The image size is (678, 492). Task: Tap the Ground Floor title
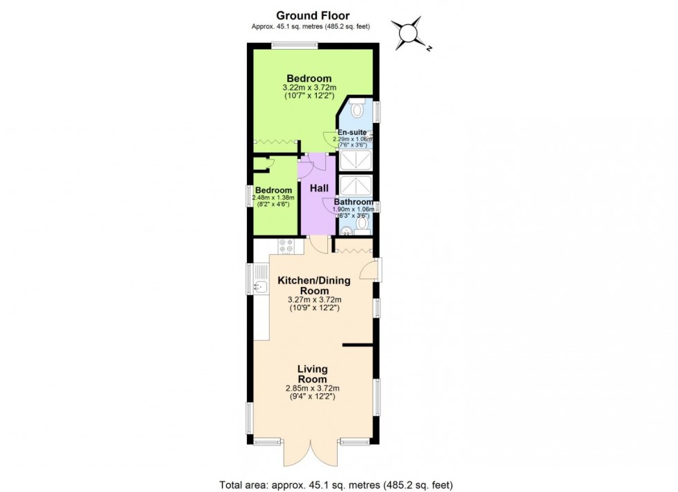[x=313, y=15]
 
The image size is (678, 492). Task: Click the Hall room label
[x=318, y=188]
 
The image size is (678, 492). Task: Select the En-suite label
[x=352, y=132]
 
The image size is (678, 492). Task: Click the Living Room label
[x=312, y=374]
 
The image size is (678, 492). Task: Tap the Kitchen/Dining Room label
[x=314, y=285]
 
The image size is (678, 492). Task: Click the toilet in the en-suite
[x=358, y=109]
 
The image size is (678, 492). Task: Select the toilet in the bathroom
[x=363, y=224]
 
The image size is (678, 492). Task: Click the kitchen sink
[x=260, y=287]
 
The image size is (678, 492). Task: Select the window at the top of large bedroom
[x=295, y=46]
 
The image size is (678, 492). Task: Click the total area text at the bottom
[x=336, y=484]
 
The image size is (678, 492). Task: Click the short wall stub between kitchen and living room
[x=358, y=344]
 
